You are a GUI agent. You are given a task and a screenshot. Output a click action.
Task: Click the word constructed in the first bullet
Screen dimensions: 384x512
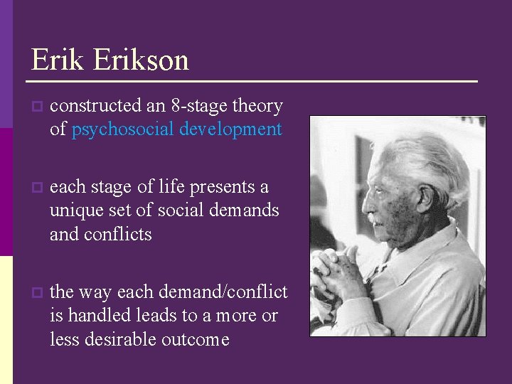pyautogui.click(x=95, y=106)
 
